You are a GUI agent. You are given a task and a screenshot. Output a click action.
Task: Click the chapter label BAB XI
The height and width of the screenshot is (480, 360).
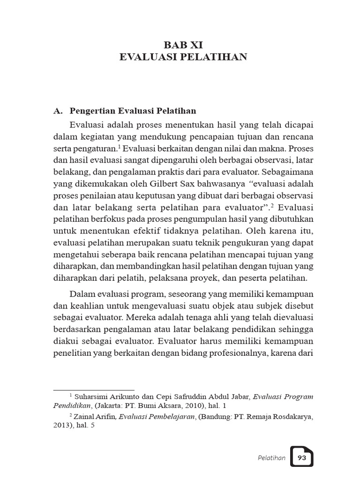coord(183,45)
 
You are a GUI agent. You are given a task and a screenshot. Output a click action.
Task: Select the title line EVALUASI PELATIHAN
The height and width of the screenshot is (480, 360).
coord(183,58)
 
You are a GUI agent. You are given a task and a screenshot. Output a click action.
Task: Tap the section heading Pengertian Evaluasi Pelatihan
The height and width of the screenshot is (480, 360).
coord(133,111)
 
